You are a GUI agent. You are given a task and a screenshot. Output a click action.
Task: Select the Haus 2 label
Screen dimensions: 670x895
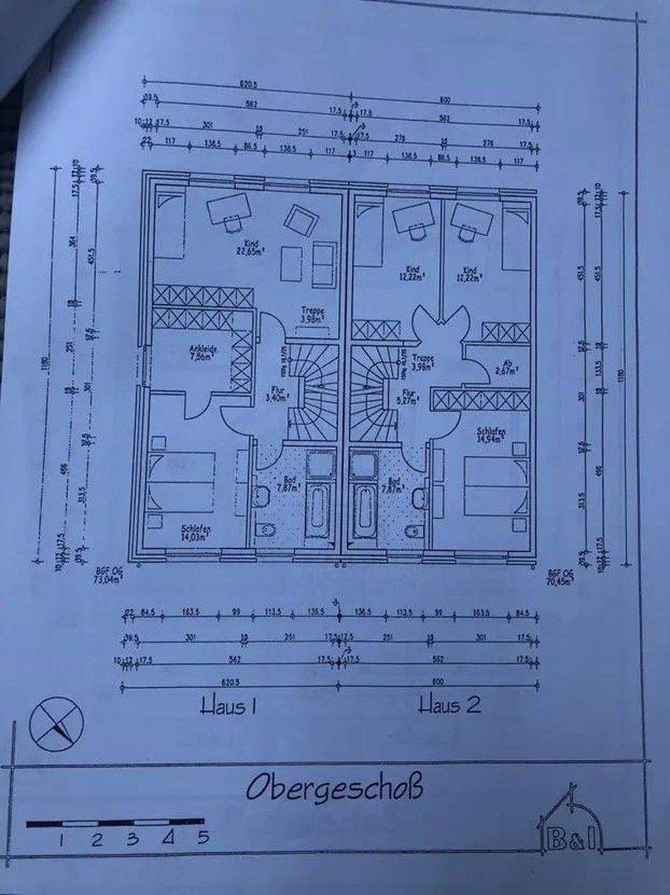(x=450, y=706)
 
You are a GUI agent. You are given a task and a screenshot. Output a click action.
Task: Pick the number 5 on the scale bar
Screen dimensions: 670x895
(x=202, y=837)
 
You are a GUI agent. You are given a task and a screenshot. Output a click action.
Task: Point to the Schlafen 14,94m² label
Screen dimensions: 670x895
(x=491, y=436)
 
